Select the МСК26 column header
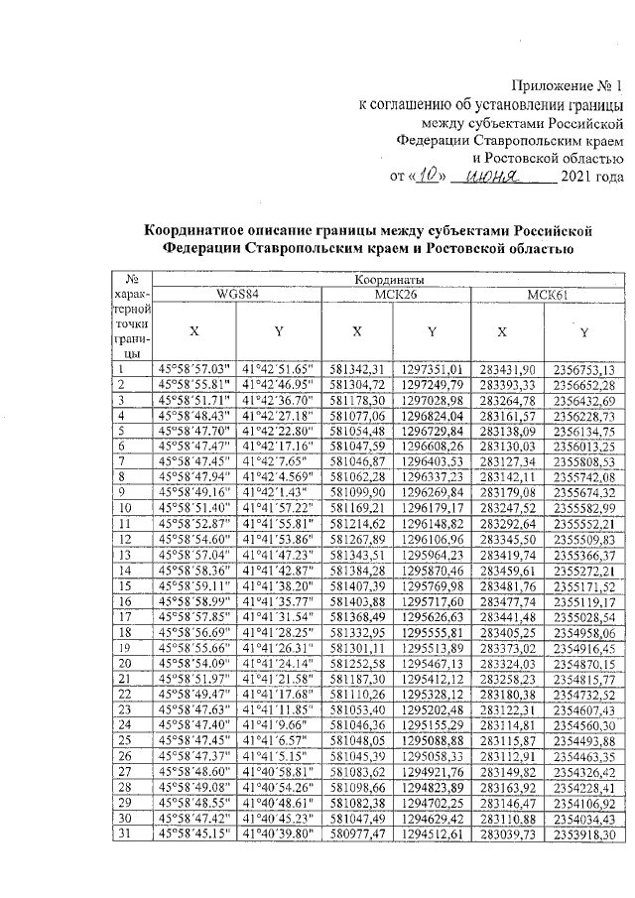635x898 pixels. (394, 294)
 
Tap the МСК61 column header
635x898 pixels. (546, 294)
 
